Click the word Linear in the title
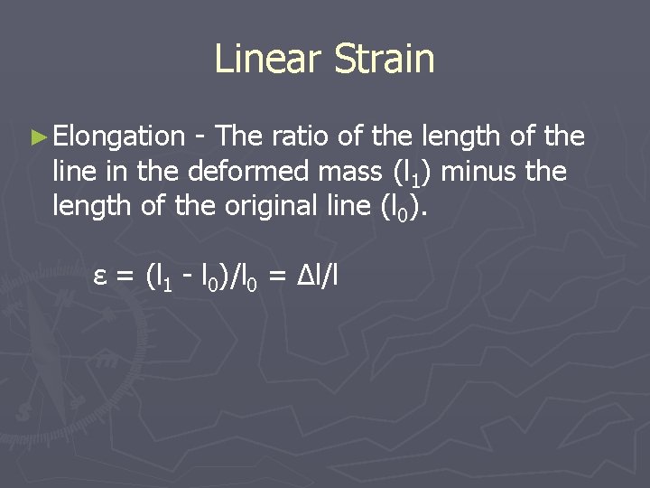coord(268,60)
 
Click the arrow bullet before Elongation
coord(37,137)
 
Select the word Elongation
coord(118,137)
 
